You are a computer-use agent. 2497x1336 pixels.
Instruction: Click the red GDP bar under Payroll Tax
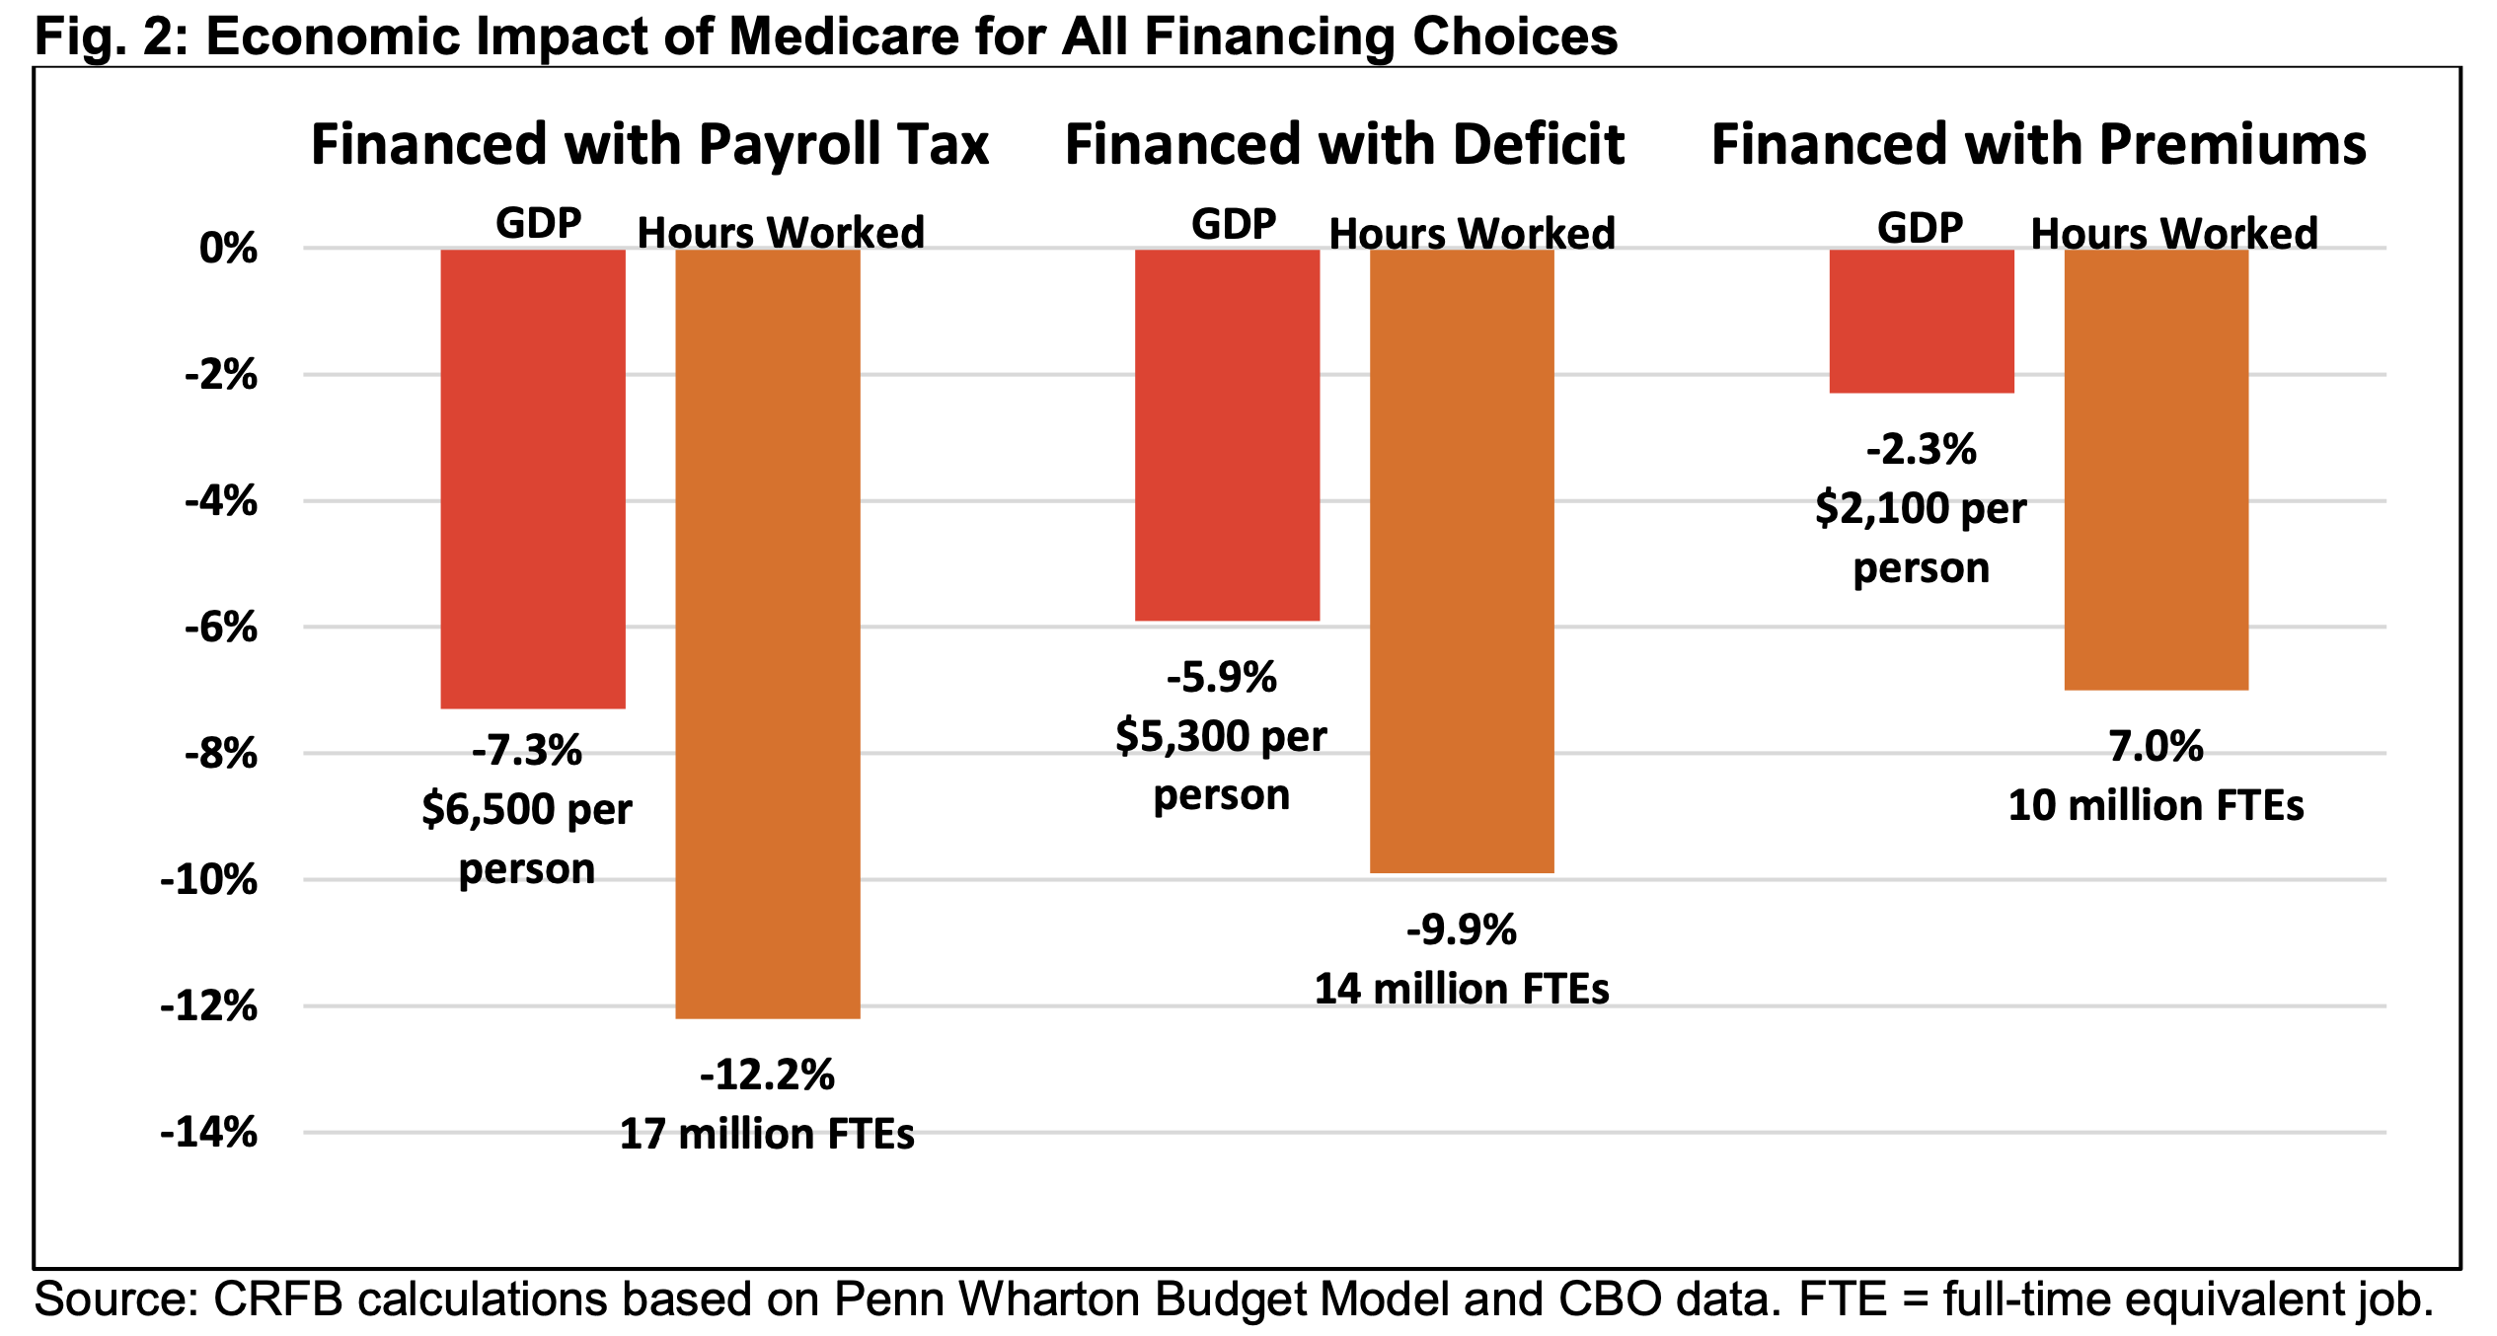pyautogui.click(x=533, y=479)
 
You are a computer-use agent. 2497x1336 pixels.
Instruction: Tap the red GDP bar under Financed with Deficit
pyautogui.click(x=1227, y=435)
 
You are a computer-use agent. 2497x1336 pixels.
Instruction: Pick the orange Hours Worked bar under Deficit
pyautogui.click(x=1462, y=560)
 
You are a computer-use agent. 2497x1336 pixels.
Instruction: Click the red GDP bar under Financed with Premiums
pyautogui.click(x=1921, y=321)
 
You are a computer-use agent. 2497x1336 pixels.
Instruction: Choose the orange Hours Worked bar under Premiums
pyautogui.click(x=2156, y=470)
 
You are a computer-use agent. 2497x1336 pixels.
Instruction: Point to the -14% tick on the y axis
pyautogui.click(x=208, y=1132)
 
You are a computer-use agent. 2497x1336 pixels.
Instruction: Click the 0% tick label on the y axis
pyautogui.click(x=228, y=248)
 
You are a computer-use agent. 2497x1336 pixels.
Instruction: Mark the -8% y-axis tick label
pyautogui.click(x=221, y=754)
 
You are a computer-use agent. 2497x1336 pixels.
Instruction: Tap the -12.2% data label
pyautogui.click(x=767, y=1075)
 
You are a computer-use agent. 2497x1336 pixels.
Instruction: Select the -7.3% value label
pyautogui.click(x=527, y=751)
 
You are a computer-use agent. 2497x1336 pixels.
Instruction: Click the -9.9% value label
pyautogui.click(x=1462, y=929)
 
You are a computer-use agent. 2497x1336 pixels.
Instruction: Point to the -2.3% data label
pyautogui.click(x=1921, y=450)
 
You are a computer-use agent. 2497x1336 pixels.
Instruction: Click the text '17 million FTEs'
pyautogui.click(x=767, y=1134)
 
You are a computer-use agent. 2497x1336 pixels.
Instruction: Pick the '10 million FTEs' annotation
pyautogui.click(x=2156, y=805)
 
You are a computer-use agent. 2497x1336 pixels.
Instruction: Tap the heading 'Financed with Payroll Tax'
pyautogui.click(x=649, y=144)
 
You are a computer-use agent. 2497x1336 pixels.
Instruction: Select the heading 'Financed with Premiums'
pyautogui.click(x=2038, y=144)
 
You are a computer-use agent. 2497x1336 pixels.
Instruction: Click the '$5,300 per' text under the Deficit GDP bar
pyautogui.click(x=1221, y=736)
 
